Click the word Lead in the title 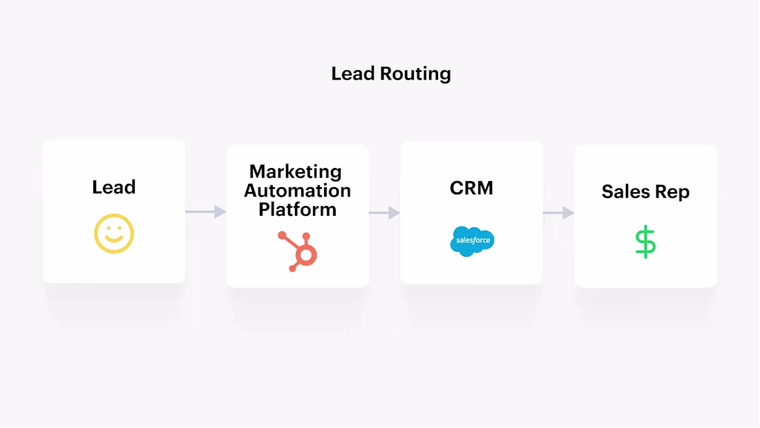352,73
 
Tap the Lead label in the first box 114,187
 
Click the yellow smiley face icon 114,233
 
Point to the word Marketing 296,171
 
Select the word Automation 297,190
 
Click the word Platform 297,209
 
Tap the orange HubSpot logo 298,250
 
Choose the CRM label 471,188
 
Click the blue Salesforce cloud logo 472,241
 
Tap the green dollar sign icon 645,241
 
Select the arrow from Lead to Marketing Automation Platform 206,212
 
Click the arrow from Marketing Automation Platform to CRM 385,213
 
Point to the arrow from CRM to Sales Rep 559,213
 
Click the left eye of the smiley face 107,227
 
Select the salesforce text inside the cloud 472,241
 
